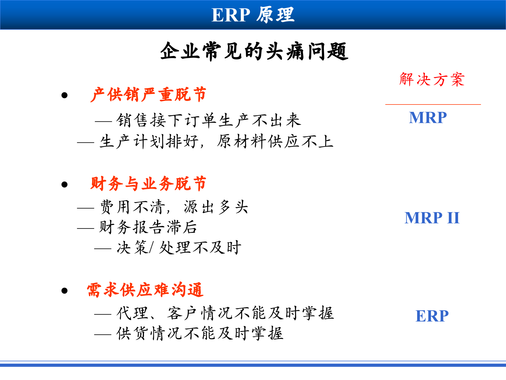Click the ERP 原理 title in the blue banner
tap(253, 15)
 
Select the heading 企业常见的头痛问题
tap(254, 51)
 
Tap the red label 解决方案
tap(432, 79)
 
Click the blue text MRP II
tap(432, 218)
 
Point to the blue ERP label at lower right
tap(432, 316)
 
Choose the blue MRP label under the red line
tap(428, 118)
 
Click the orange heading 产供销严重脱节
tap(148, 94)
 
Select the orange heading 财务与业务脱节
tap(148, 184)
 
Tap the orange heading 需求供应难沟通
tap(145, 290)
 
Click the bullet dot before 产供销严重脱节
tap(64, 95)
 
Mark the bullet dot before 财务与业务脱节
tap(64, 184)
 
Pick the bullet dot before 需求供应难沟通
tap(64, 291)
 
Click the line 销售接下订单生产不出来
tap(208, 120)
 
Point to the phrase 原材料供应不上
tap(275, 141)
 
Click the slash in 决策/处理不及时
tap(151, 248)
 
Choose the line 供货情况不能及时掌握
tap(200, 333)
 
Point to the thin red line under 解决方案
tap(433, 104)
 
